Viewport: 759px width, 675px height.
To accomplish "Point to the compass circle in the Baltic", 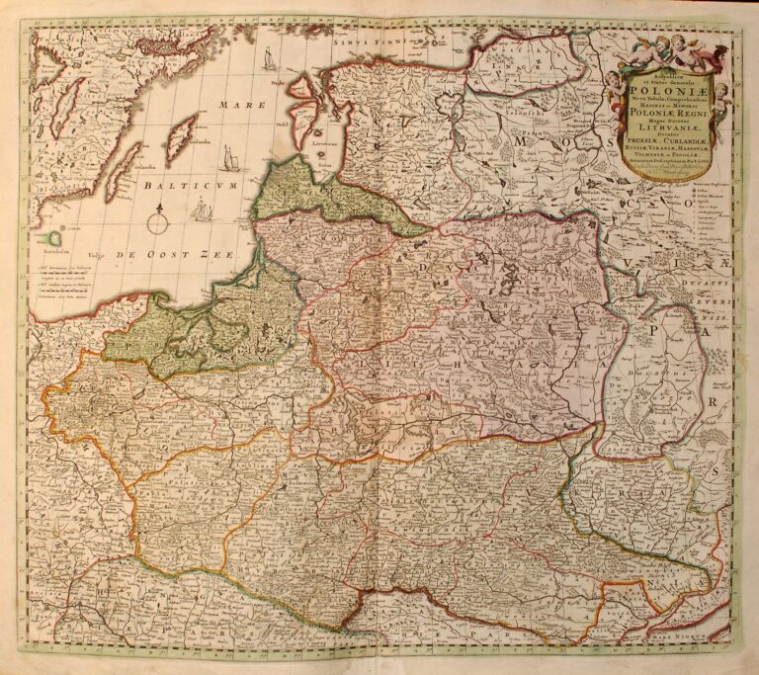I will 158,219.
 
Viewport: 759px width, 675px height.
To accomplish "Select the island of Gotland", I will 181,138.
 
